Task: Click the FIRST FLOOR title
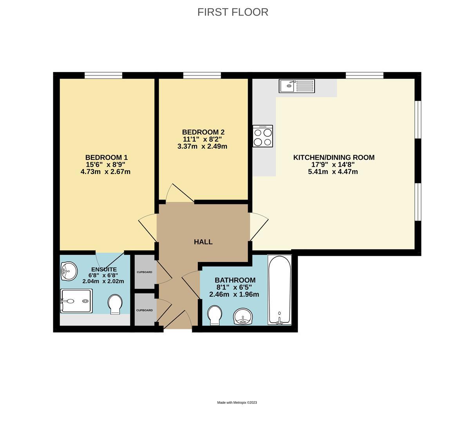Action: [233, 12]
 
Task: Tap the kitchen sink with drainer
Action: [297, 86]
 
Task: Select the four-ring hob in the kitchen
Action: [262, 136]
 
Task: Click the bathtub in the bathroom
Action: [279, 289]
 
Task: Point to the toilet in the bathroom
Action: [215, 315]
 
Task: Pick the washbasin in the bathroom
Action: [243, 316]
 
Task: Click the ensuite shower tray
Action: [76, 301]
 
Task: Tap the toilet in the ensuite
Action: [115, 304]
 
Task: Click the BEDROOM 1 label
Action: [107, 157]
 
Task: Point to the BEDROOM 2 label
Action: [203, 132]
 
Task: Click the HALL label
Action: [203, 242]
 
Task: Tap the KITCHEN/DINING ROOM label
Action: [334, 157]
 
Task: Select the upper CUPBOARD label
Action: [144, 272]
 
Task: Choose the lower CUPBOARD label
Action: [144, 310]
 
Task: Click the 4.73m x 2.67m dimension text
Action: [105, 172]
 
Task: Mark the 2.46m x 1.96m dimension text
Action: [234, 295]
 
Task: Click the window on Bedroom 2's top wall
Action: [202, 75]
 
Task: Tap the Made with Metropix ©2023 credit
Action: [237, 403]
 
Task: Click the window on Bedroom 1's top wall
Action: [103, 75]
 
